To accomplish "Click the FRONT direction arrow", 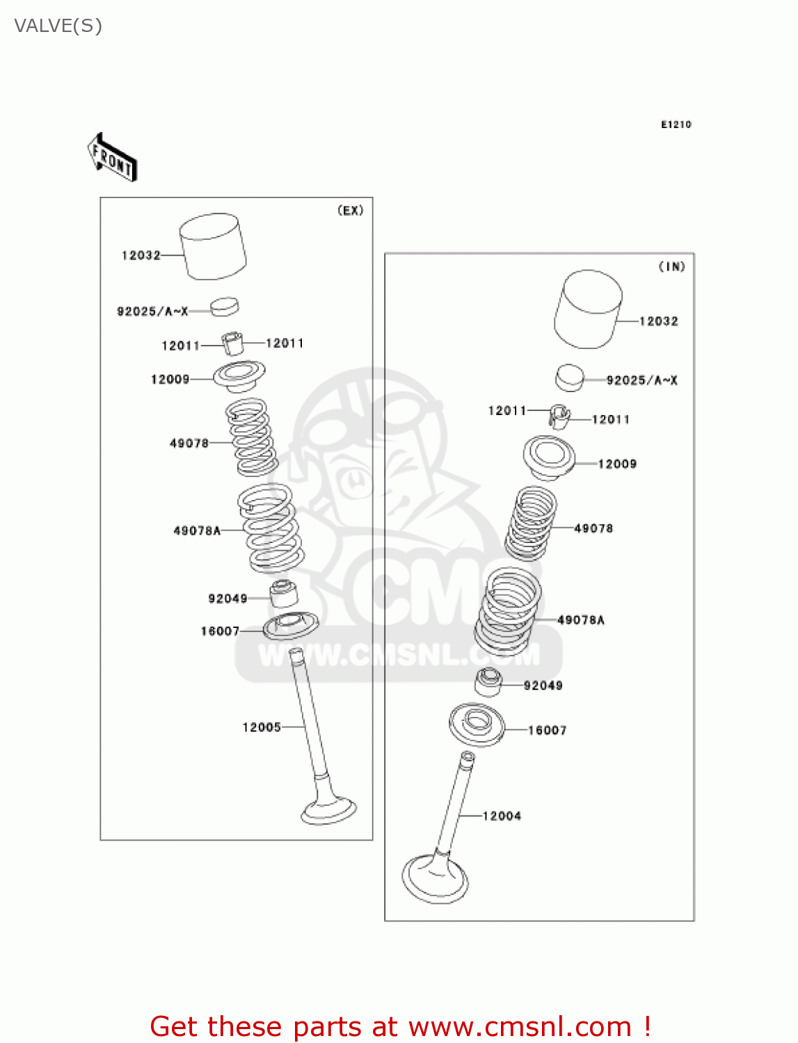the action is click(112, 158).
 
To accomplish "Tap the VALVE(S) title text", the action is click(58, 26).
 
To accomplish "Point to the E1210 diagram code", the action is click(676, 124).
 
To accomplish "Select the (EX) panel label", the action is click(350, 211).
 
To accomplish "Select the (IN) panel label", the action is click(671, 266).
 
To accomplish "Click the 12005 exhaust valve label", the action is click(261, 727).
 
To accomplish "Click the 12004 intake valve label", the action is click(502, 816).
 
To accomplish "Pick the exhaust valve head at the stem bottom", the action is click(328, 811).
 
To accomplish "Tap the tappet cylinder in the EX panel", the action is click(213, 247).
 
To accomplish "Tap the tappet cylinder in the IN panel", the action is click(588, 309).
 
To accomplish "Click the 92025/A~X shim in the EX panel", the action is click(224, 307).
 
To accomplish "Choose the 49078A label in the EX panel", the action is click(197, 531).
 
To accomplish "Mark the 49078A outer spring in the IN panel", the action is click(508, 611).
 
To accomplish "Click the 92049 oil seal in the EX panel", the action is click(284, 593).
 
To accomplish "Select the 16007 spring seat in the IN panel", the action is click(477, 725).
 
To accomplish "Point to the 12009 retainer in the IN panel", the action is click(549, 458).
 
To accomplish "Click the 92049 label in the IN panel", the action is click(543, 686).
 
